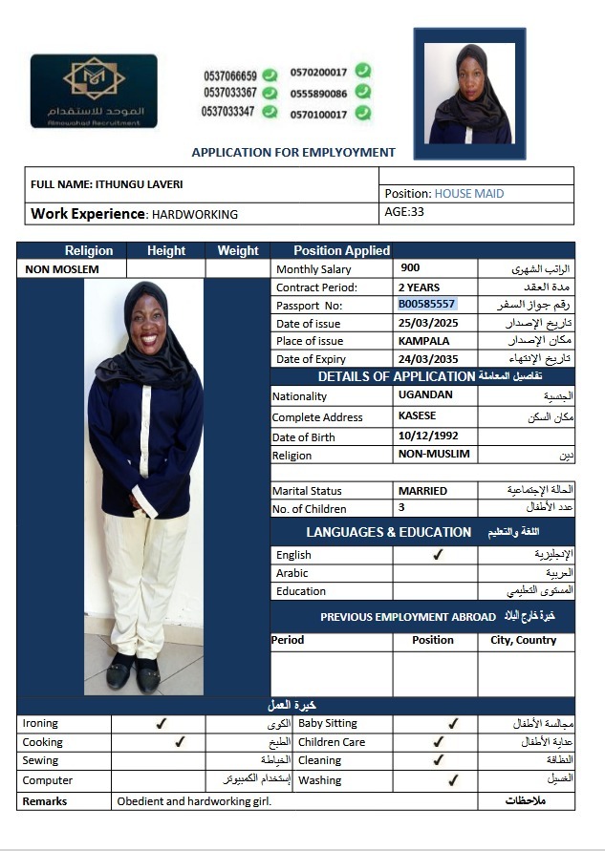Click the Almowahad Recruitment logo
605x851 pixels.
point(94,91)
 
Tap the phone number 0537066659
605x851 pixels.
point(229,75)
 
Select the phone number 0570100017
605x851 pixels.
point(318,114)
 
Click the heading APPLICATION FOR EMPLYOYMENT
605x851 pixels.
point(293,152)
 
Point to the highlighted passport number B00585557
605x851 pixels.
point(426,304)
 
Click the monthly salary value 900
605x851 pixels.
point(410,268)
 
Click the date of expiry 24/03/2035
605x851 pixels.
point(427,358)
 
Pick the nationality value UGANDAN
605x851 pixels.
point(425,394)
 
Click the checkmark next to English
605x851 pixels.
point(438,554)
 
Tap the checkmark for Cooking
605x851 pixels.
point(180,741)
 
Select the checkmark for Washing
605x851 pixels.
point(453,779)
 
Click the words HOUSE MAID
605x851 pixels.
point(469,193)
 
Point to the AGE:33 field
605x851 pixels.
point(403,212)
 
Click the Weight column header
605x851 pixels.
point(238,250)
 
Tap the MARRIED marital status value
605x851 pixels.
point(422,490)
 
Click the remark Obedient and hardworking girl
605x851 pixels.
point(194,800)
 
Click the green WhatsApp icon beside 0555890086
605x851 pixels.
point(364,93)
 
